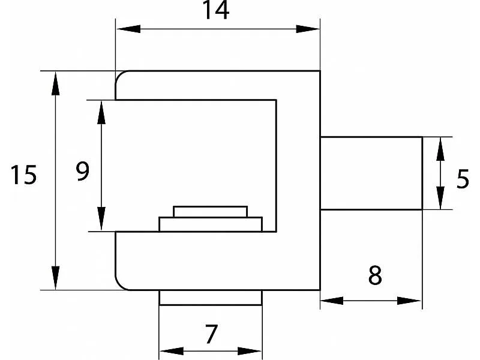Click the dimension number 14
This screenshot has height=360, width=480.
coord(216,10)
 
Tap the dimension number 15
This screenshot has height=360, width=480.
coord(23,175)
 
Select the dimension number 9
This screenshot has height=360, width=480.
coord(83,171)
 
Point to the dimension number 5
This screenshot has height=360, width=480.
coord(462,179)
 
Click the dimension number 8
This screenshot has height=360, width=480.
coord(375,275)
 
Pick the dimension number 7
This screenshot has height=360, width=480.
coord(211,334)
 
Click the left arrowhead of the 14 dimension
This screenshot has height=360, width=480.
coord(128,29)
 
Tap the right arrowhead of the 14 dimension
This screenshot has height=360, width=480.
coord(308,29)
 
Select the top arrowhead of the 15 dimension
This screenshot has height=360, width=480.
coord(55,83)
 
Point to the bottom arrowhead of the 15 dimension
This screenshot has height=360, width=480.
coord(55,278)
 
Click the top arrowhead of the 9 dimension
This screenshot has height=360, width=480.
coord(101,112)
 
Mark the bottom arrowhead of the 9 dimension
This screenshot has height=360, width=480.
coord(101,219)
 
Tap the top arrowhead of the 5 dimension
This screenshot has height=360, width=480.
coord(440,149)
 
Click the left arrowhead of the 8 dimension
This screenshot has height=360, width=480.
coord(332,301)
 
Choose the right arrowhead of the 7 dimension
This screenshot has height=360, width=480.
coord(250,351)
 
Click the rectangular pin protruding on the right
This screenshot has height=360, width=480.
coord(371,173)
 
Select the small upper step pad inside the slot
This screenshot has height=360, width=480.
coord(211,212)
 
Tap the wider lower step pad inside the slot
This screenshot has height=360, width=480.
coord(211,224)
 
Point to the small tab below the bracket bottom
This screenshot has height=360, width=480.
coord(211,298)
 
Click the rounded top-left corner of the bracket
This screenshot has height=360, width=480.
coord(120,76)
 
